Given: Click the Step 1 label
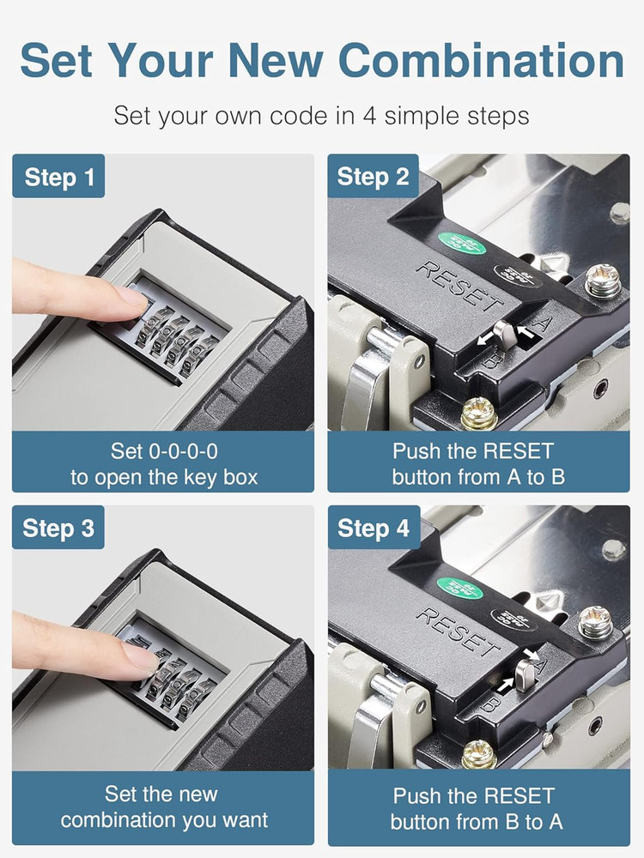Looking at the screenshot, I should [58, 178].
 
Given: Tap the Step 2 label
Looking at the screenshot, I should [373, 178].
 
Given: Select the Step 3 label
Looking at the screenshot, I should [58, 528].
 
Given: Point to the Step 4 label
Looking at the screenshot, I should [373, 528].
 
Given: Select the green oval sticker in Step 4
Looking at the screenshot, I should [459, 589].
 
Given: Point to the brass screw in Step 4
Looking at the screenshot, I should [478, 754].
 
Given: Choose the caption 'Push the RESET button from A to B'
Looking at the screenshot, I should [478, 463].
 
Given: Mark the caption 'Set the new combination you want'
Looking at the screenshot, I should [164, 807].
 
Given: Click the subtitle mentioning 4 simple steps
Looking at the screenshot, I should [321, 115].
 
